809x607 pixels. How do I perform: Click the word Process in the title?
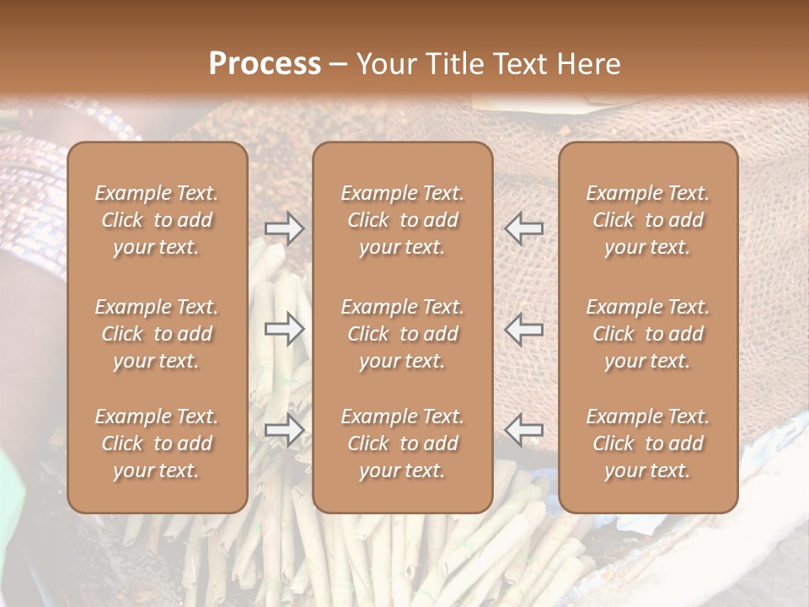coord(265,64)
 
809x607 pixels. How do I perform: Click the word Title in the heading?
coord(453,64)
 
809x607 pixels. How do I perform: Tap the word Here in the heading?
coord(587,64)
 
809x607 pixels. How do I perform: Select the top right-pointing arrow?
coord(285,228)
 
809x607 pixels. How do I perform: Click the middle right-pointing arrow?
coord(285,329)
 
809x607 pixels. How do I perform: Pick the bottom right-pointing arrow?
coord(285,430)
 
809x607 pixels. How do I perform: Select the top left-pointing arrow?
coord(523,228)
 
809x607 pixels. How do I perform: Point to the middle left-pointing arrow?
coord(523,329)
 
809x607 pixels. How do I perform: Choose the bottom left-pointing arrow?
coord(523,429)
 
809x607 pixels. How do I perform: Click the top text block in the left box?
coord(157,220)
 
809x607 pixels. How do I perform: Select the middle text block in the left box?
coord(157,334)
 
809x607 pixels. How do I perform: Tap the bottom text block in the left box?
coord(157,443)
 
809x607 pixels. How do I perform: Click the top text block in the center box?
coord(402,220)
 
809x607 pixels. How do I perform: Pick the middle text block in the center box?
coord(402,334)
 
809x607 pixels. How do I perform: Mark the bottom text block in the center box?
coord(402,443)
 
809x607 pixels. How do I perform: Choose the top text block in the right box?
coord(647,220)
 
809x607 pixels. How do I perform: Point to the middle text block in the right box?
coord(647,334)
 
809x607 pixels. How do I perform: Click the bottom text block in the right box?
coord(647,443)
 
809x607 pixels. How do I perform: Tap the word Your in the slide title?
coord(386,64)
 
